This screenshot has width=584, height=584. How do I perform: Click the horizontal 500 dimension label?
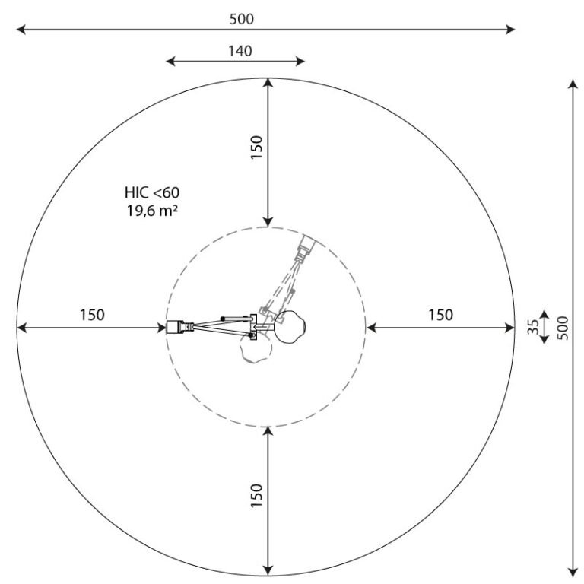[x=242, y=19]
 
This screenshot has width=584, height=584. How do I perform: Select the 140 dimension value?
[x=240, y=51]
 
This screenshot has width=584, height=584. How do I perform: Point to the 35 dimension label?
[x=533, y=327]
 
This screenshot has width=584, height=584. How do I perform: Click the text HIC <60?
[x=152, y=192]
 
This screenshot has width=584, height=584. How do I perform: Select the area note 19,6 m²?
[x=152, y=211]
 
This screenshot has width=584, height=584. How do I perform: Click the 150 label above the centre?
[x=256, y=148]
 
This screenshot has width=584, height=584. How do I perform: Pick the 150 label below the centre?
[x=256, y=495]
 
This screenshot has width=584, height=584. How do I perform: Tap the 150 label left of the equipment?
[x=92, y=315]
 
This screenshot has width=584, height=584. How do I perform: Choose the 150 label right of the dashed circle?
[x=440, y=315]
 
